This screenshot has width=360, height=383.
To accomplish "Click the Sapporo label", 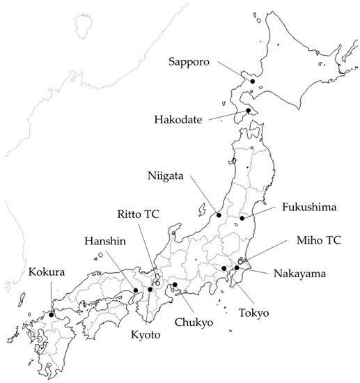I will pos(191,61).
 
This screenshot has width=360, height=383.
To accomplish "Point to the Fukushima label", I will pos(309,208).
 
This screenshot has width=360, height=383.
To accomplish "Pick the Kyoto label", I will pos(144,335).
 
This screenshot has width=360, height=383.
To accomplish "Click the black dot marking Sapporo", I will pos(253,82).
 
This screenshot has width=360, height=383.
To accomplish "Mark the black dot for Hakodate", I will pos(247,110).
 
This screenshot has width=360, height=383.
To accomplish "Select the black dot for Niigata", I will pos(219,215).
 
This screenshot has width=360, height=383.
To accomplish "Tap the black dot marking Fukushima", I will pos(242,219).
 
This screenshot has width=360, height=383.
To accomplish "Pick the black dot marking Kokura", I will pos(52,314).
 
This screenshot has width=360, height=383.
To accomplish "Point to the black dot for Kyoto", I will pos(150,289).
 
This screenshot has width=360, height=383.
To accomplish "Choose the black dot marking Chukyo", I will pos(175,285).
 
